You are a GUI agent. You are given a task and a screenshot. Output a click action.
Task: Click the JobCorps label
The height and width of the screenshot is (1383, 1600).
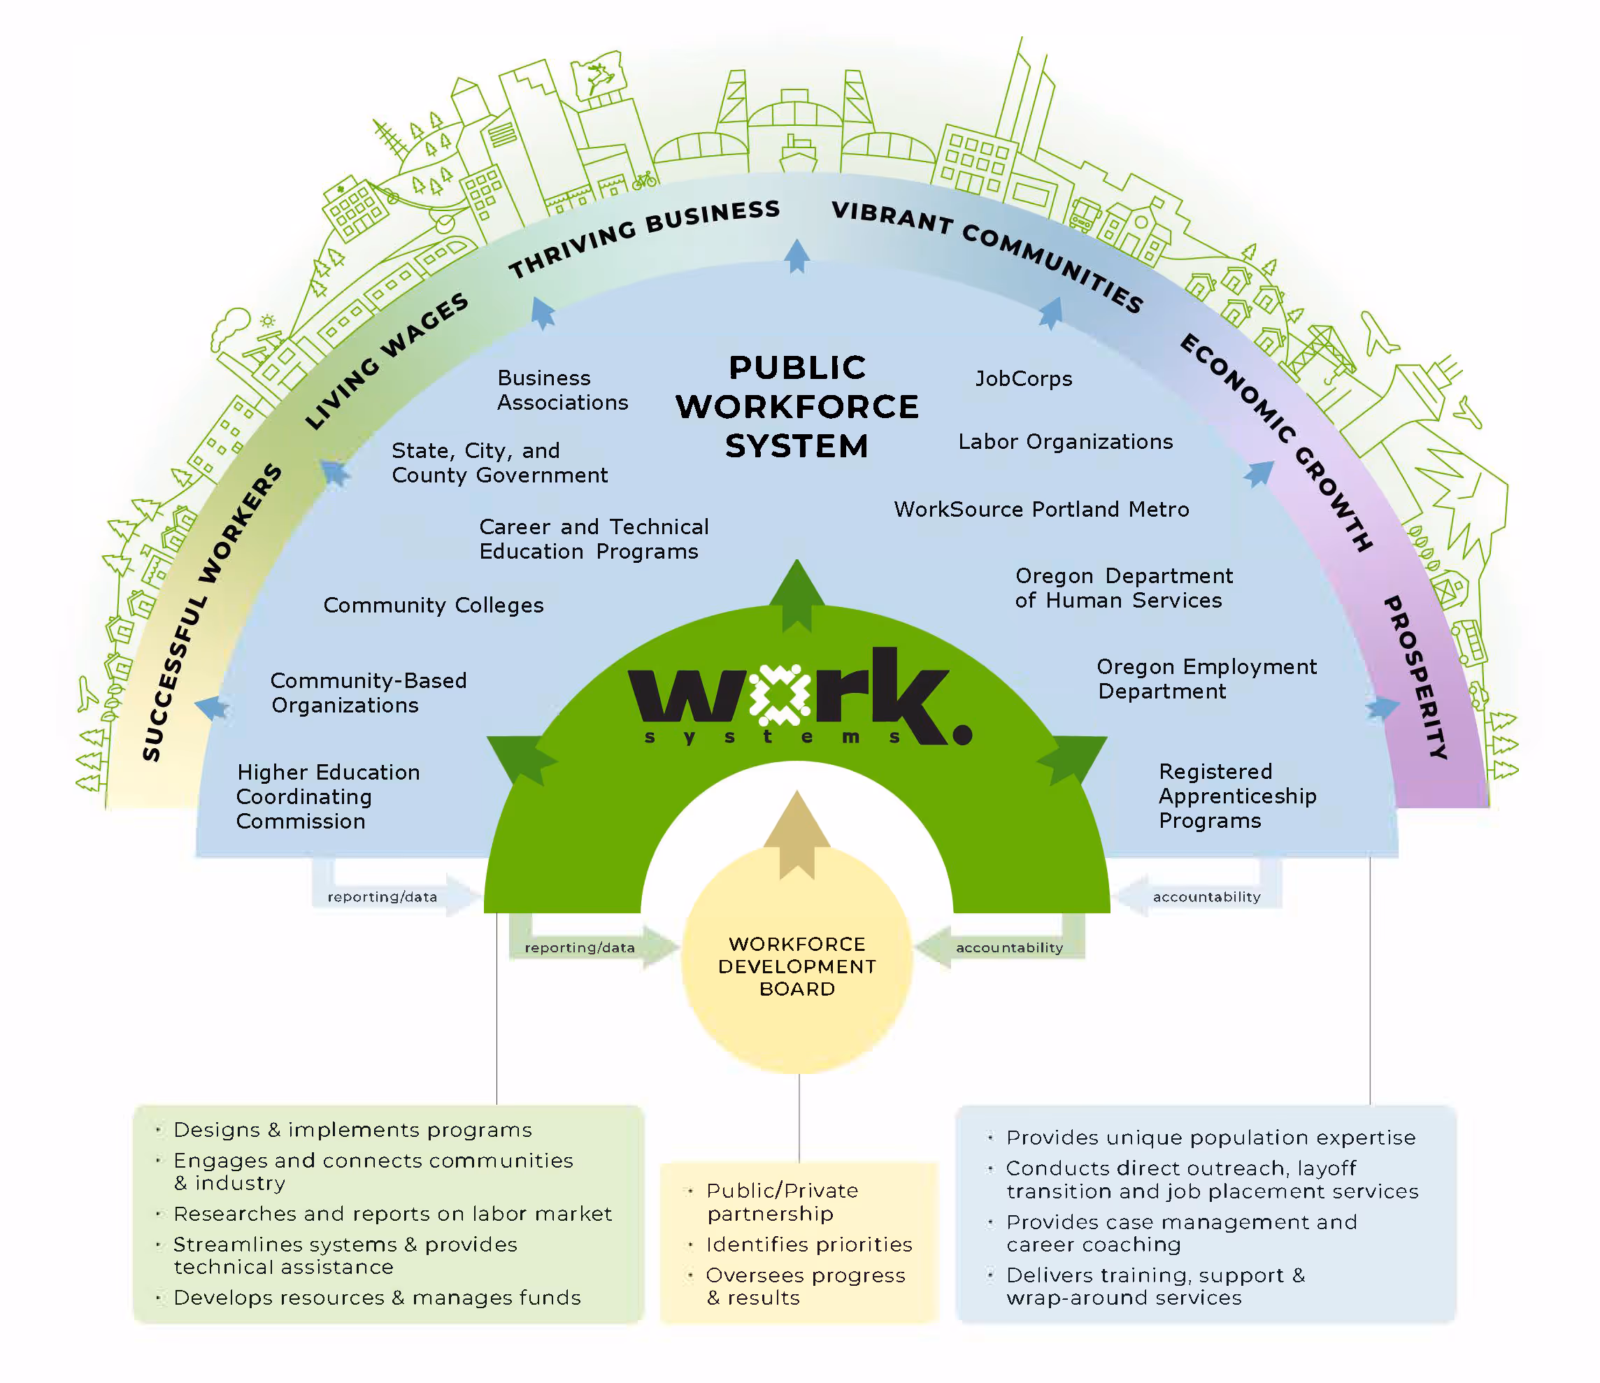(x=1023, y=378)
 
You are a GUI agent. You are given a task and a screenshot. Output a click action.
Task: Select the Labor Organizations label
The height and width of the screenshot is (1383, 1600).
(x=1065, y=442)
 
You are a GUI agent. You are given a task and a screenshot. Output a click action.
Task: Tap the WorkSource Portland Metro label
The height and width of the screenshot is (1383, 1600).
(x=1041, y=510)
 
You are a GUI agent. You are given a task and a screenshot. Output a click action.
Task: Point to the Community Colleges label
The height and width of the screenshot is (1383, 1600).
(x=433, y=605)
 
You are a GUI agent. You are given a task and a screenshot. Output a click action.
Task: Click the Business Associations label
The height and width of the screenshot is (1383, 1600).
(x=562, y=390)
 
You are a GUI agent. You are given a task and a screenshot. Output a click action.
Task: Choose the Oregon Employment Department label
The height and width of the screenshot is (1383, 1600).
(x=1206, y=679)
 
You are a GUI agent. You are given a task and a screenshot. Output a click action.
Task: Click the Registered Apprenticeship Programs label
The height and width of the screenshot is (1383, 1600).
(x=1237, y=796)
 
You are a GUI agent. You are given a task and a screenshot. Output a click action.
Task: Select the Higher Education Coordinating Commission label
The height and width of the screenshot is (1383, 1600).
(x=328, y=796)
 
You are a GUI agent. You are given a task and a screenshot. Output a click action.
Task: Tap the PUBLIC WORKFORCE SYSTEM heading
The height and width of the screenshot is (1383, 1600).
(x=797, y=407)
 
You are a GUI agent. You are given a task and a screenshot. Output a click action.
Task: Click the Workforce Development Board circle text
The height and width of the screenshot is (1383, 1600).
(x=797, y=966)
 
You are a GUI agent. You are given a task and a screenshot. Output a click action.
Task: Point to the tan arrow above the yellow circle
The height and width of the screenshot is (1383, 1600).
(x=797, y=834)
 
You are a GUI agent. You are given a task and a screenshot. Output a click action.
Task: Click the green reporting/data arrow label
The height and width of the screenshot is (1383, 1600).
(x=579, y=947)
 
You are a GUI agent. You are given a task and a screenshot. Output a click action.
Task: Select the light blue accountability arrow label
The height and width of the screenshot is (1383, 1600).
(x=1206, y=896)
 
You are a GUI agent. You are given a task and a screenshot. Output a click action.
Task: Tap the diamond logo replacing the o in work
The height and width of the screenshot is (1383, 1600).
(x=780, y=694)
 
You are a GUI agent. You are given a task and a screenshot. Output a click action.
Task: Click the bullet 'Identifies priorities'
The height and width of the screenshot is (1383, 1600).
(x=808, y=1245)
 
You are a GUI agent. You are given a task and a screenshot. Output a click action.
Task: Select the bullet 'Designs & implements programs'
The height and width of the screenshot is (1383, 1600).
(x=353, y=1130)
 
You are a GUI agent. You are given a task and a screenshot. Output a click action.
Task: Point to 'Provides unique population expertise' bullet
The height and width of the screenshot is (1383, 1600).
(x=1210, y=1138)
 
